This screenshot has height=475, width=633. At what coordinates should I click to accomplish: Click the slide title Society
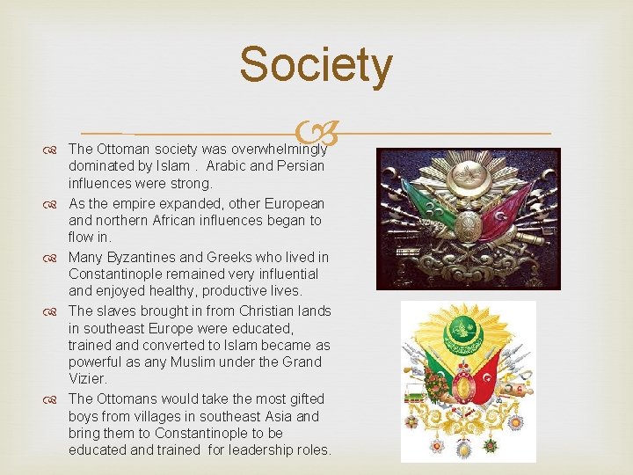coord(316,66)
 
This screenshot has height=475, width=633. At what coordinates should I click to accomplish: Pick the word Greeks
coord(232,257)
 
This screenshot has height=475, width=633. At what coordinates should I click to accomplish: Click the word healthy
coord(179,291)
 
